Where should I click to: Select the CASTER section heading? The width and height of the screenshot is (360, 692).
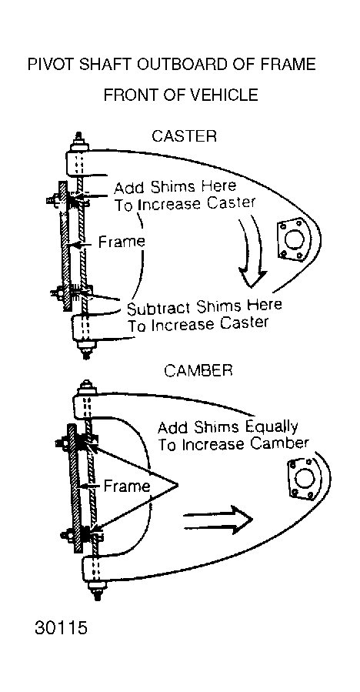point(184,136)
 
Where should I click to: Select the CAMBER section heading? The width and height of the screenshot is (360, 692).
point(198,370)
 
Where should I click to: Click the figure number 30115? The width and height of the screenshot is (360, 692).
point(61,627)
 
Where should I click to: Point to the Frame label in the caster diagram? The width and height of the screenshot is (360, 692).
point(122,242)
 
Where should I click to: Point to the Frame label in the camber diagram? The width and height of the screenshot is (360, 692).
point(127,486)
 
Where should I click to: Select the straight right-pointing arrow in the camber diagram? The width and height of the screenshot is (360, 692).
point(217,520)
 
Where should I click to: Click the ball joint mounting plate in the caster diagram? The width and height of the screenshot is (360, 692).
point(292,239)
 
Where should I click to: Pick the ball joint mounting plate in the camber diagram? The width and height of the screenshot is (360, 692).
point(303,479)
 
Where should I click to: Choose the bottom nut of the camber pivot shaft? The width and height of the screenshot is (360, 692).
point(95,590)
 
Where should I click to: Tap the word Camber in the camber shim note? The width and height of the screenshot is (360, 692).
point(279,444)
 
